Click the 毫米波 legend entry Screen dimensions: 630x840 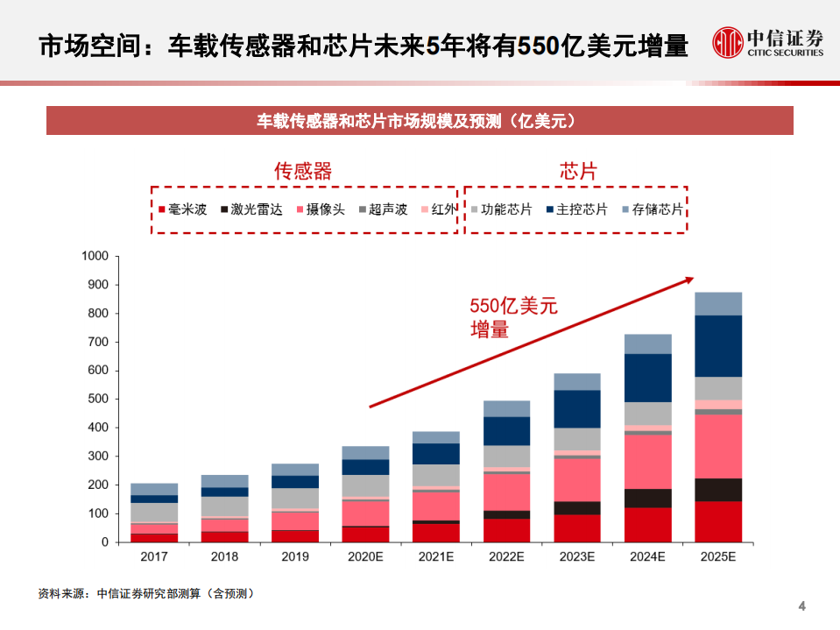pos(182,210)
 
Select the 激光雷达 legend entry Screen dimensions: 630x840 pos(245,210)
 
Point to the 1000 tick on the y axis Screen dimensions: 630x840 pos(94,256)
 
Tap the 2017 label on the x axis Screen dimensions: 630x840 pos(154,557)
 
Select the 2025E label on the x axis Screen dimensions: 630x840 pos(718,557)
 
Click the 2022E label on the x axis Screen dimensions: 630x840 pos(506,557)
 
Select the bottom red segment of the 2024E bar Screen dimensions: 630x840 pos(647,525)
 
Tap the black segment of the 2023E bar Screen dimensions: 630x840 pos(577,508)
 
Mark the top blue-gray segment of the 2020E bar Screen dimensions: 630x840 pos(365,452)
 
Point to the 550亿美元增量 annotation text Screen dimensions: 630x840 pos(513,317)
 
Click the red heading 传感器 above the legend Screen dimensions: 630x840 pos(303,171)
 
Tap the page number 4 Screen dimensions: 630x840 pos(801,606)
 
